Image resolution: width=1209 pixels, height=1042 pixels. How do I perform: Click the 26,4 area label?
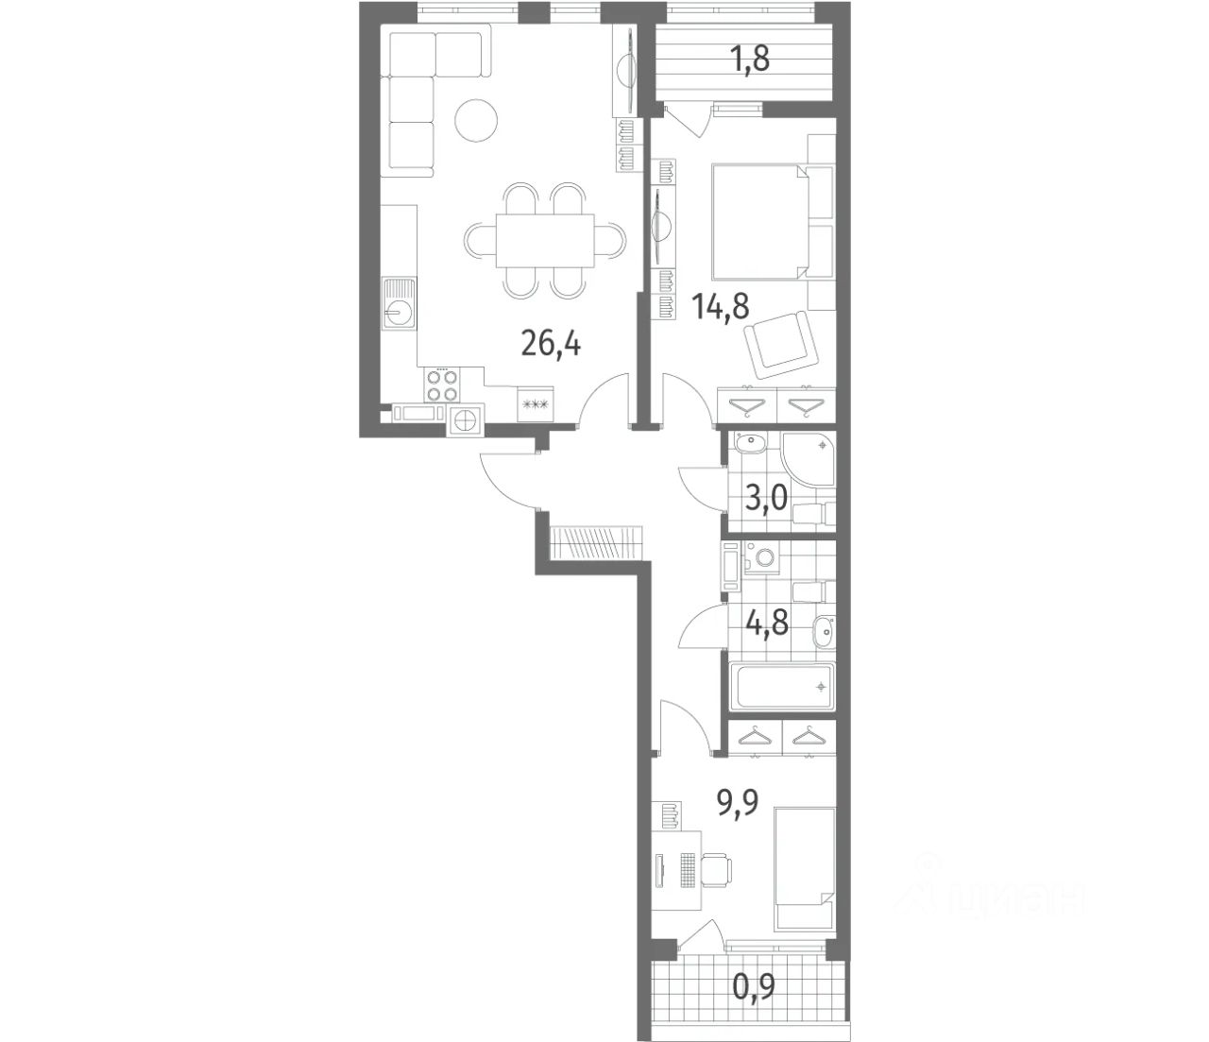click(x=551, y=344)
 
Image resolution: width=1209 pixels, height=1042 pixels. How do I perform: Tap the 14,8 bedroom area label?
click(x=720, y=307)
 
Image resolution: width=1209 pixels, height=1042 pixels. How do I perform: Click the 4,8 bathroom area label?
click(x=767, y=623)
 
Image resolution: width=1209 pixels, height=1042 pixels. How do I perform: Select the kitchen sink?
click(x=400, y=303)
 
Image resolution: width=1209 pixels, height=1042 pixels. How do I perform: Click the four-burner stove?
click(x=442, y=385)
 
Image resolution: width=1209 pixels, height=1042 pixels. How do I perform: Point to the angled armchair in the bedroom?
click(x=781, y=345)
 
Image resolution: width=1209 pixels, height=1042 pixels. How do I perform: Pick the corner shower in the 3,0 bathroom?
click(x=809, y=458)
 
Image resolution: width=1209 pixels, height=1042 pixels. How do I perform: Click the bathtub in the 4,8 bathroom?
click(x=782, y=686)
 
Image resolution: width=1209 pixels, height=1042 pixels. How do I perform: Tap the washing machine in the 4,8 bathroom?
click(x=764, y=557)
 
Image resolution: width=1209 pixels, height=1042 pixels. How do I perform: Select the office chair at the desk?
click(x=717, y=872)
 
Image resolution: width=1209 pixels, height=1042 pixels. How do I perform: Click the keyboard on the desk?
click(x=688, y=872)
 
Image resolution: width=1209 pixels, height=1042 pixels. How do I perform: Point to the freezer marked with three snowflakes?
click(x=536, y=402)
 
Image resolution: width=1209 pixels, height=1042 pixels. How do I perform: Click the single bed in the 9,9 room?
click(x=804, y=869)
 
